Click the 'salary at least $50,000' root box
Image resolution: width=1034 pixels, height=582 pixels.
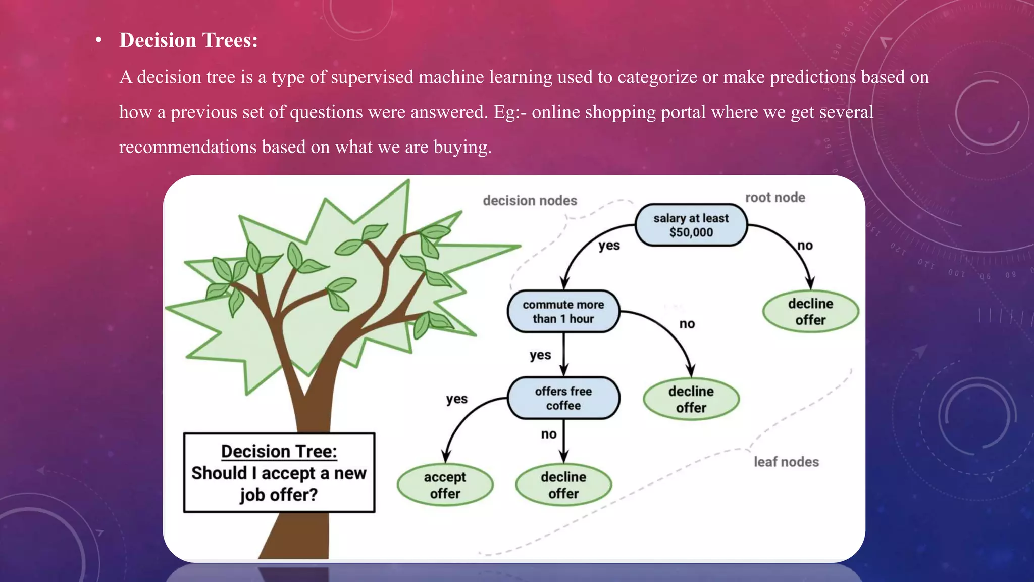click(691, 225)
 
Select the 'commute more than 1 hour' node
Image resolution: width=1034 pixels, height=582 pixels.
click(563, 312)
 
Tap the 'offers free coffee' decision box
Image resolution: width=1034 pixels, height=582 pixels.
click(563, 398)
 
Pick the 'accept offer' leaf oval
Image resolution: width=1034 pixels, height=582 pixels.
click(445, 485)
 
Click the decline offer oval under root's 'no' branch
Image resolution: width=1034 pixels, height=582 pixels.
click(810, 312)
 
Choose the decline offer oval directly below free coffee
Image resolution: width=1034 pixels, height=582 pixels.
click(563, 485)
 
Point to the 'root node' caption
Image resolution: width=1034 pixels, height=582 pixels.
click(775, 198)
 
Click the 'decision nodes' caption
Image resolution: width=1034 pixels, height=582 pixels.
click(530, 201)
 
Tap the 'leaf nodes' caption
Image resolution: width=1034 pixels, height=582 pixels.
click(786, 462)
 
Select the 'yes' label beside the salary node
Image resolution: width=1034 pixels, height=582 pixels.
click(609, 246)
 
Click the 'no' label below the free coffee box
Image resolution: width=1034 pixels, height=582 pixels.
click(549, 434)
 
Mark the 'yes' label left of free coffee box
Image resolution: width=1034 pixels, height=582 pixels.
click(456, 399)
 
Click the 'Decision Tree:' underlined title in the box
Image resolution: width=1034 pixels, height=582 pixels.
click(279, 451)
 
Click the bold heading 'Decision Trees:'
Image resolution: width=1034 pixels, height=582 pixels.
click(188, 40)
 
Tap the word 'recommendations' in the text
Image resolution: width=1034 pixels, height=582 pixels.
click(188, 147)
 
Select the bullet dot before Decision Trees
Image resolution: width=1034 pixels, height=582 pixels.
click(99, 40)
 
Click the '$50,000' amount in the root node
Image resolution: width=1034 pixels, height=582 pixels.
click(691, 232)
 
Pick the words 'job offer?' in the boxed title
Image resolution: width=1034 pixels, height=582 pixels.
click(279, 495)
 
